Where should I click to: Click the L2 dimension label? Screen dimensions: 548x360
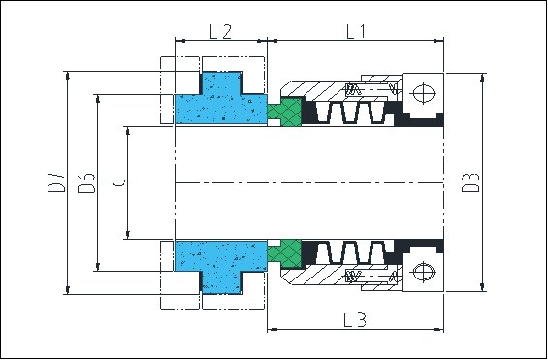[x=220, y=32]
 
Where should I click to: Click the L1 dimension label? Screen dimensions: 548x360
[x=356, y=32]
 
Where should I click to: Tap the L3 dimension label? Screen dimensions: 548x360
[x=355, y=320]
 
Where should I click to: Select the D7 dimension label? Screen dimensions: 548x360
[x=56, y=182]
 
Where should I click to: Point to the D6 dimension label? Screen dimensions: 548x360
[x=86, y=182]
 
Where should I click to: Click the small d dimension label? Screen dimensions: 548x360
[x=116, y=182]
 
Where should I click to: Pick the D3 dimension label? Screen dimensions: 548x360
[x=470, y=182]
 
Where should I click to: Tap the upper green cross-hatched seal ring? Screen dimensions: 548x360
[x=284, y=112]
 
